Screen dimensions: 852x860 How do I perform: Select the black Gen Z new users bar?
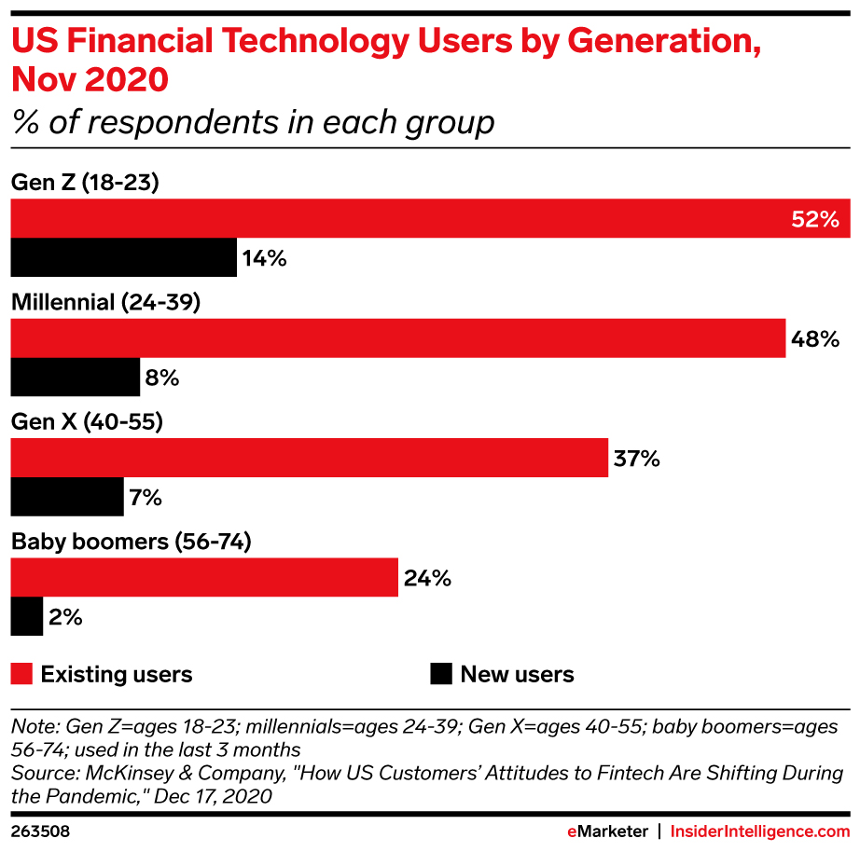pyautogui.click(x=123, y=258)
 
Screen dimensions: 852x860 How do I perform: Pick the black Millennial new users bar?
pyautogui.click(x=75, y=378)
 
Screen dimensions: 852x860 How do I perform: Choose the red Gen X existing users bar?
pyautogui.click(x=309, y=458)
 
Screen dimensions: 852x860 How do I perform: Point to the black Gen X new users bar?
pyautogui.click(x=67, y=497)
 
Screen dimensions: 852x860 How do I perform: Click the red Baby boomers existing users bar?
pyautogui.click(x=204, y=578)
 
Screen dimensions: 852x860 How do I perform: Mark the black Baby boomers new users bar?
pyautogui.click(x=26, y=617)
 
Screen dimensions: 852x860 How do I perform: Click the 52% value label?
pyautogui.click(x=816, y=220)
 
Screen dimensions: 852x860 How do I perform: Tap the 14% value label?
pyautogui.click(x=264, y=259)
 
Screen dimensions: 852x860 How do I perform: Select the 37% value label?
pyautogui.click(x=637, y=459)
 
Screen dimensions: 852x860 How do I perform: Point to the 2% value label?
pyautogui.click(x=66, y=618)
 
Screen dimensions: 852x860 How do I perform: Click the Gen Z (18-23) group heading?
pyautogui.click(x=85, y=183)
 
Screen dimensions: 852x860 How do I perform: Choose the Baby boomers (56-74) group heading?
pyautogui.click(x=131, y=542)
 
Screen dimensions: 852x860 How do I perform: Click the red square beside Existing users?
pyautogui.click(x=22, y=674)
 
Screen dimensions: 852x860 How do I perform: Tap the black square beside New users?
pyautogui.click(x=441, y=674)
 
